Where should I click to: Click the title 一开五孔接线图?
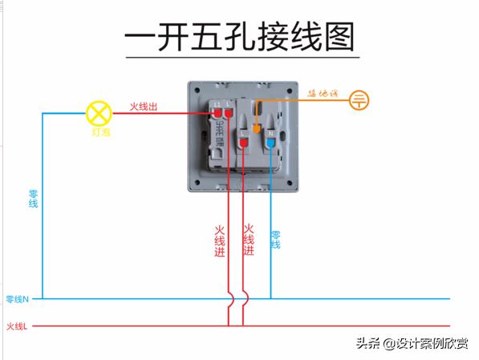(240, 38)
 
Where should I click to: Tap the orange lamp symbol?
(99, 111)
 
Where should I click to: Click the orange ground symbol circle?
(360, 100)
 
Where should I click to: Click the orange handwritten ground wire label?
(321, 94)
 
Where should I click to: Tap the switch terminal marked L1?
(217, 117)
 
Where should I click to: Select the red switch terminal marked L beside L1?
(229, 117)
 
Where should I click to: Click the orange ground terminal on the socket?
(256, 127)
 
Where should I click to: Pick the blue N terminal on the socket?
(271, 142)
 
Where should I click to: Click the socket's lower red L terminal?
(243, 143)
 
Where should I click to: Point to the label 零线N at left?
(17, 299)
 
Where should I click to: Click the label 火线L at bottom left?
(17, 326)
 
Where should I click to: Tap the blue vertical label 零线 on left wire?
(33, 199)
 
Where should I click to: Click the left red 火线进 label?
(220, 240)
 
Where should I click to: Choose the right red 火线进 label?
(249, 239)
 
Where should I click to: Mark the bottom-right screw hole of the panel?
(290, 184)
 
